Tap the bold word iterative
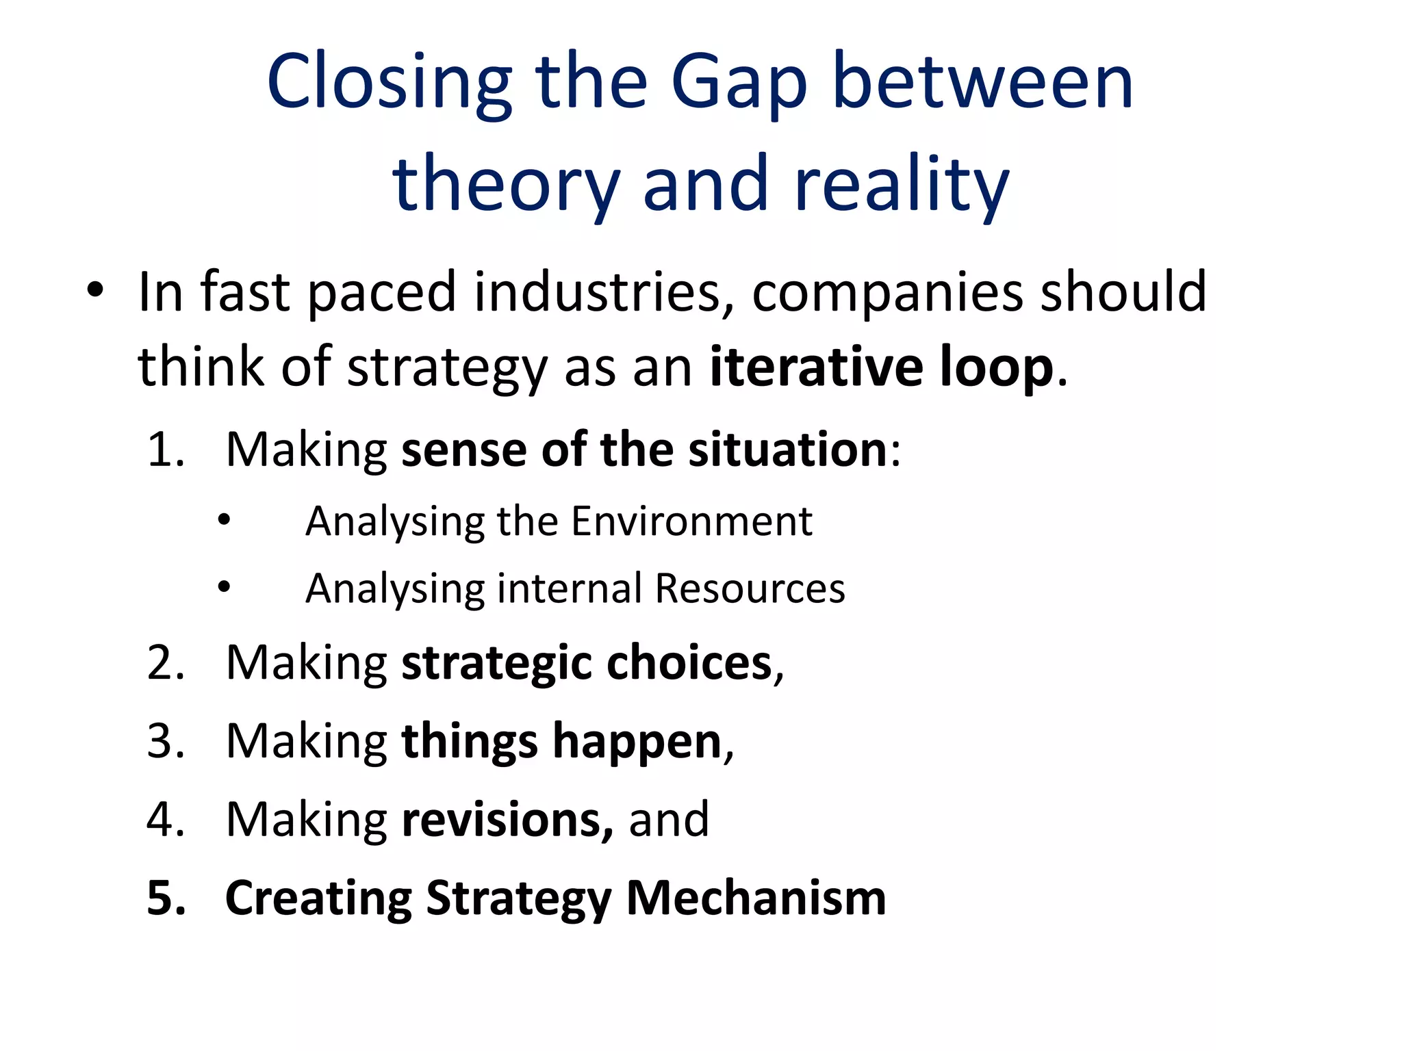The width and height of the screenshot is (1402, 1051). click(x=816, y=367)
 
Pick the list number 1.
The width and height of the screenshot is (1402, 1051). click(x=166, y=450)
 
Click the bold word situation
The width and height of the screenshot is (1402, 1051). click(x=787, y=450)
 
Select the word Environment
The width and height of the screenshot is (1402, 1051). click(x=691, y=521)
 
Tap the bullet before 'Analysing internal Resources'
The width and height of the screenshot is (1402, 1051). click(x=225, y=587)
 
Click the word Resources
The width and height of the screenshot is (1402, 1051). click(x=750, y=588)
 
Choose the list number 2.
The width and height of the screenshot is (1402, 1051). click(x=166, y=663)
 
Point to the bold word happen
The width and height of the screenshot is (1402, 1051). click(x=637, y=742)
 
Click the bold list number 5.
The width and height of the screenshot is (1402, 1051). click(x=166, y=898)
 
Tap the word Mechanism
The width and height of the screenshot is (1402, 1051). click(x=756, y=898)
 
